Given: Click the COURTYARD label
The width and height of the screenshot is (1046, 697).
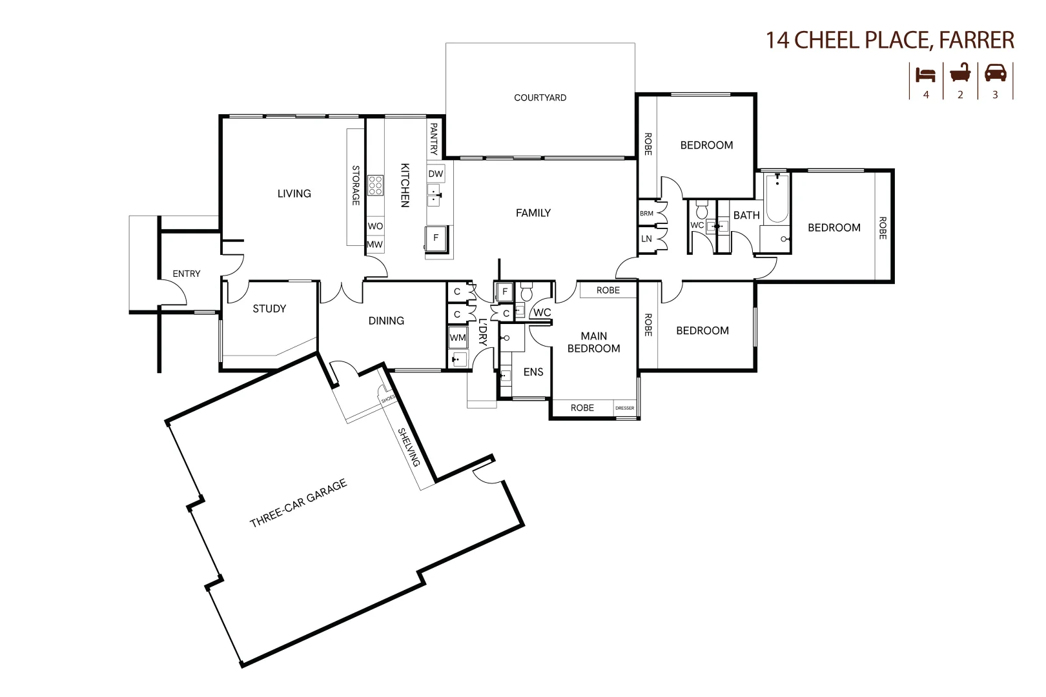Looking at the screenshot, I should coord(540,97).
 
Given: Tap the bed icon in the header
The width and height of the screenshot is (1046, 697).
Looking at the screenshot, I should coord(925,74).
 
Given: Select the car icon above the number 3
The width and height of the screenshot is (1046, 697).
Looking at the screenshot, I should coord(995,73).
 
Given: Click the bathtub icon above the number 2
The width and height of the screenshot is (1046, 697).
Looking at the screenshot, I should coord(960,73).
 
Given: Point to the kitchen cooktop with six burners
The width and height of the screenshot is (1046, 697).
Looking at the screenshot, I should coord(375,185).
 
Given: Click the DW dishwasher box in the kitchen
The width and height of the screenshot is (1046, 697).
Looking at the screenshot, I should coord(436,174).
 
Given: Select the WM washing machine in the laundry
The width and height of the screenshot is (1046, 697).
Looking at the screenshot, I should coord(458,338).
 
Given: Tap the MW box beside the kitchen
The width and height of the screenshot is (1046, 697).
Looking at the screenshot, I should coord(374,245).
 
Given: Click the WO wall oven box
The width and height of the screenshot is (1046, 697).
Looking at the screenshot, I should coord(375,226).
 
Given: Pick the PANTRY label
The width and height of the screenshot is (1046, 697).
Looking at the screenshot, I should coord(434,139).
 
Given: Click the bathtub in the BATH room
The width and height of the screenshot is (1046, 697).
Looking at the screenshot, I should coord(777,198).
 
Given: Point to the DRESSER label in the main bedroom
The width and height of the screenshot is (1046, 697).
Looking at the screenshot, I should coord(624,408).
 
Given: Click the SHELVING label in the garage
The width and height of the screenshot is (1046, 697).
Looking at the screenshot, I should coord(409,447).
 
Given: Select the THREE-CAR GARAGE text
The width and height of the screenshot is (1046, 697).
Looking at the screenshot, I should coord(298,503).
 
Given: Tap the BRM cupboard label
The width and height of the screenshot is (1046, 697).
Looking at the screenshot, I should coord(646,214).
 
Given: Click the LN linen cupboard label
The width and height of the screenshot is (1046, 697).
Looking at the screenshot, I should coord(646,239).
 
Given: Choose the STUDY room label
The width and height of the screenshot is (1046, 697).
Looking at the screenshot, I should coord(269,308).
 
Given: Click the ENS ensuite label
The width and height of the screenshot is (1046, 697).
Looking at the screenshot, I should coord(533,372).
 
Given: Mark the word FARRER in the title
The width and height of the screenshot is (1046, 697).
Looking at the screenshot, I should coord(976,40).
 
